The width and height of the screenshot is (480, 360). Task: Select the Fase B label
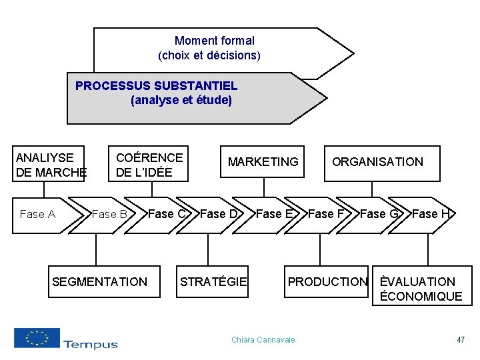109,215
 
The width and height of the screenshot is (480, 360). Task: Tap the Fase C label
167,214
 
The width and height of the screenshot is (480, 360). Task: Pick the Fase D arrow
219,214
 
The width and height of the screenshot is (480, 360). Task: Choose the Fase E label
274,214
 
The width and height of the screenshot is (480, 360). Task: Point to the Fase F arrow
326,214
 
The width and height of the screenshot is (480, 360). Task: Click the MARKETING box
263,162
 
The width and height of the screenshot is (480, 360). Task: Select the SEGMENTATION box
99,281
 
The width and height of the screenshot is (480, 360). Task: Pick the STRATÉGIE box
213,281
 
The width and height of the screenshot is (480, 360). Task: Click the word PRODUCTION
327,282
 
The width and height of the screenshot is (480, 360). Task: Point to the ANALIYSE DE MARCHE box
50,164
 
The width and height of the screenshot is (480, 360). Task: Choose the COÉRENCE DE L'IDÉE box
149,164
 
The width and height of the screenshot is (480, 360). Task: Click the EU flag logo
37,338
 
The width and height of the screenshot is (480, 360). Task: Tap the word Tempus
91,344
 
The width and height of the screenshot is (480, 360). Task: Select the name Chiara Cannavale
263,340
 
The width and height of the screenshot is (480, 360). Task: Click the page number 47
461,340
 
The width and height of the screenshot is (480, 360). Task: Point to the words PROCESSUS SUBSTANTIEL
156,86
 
